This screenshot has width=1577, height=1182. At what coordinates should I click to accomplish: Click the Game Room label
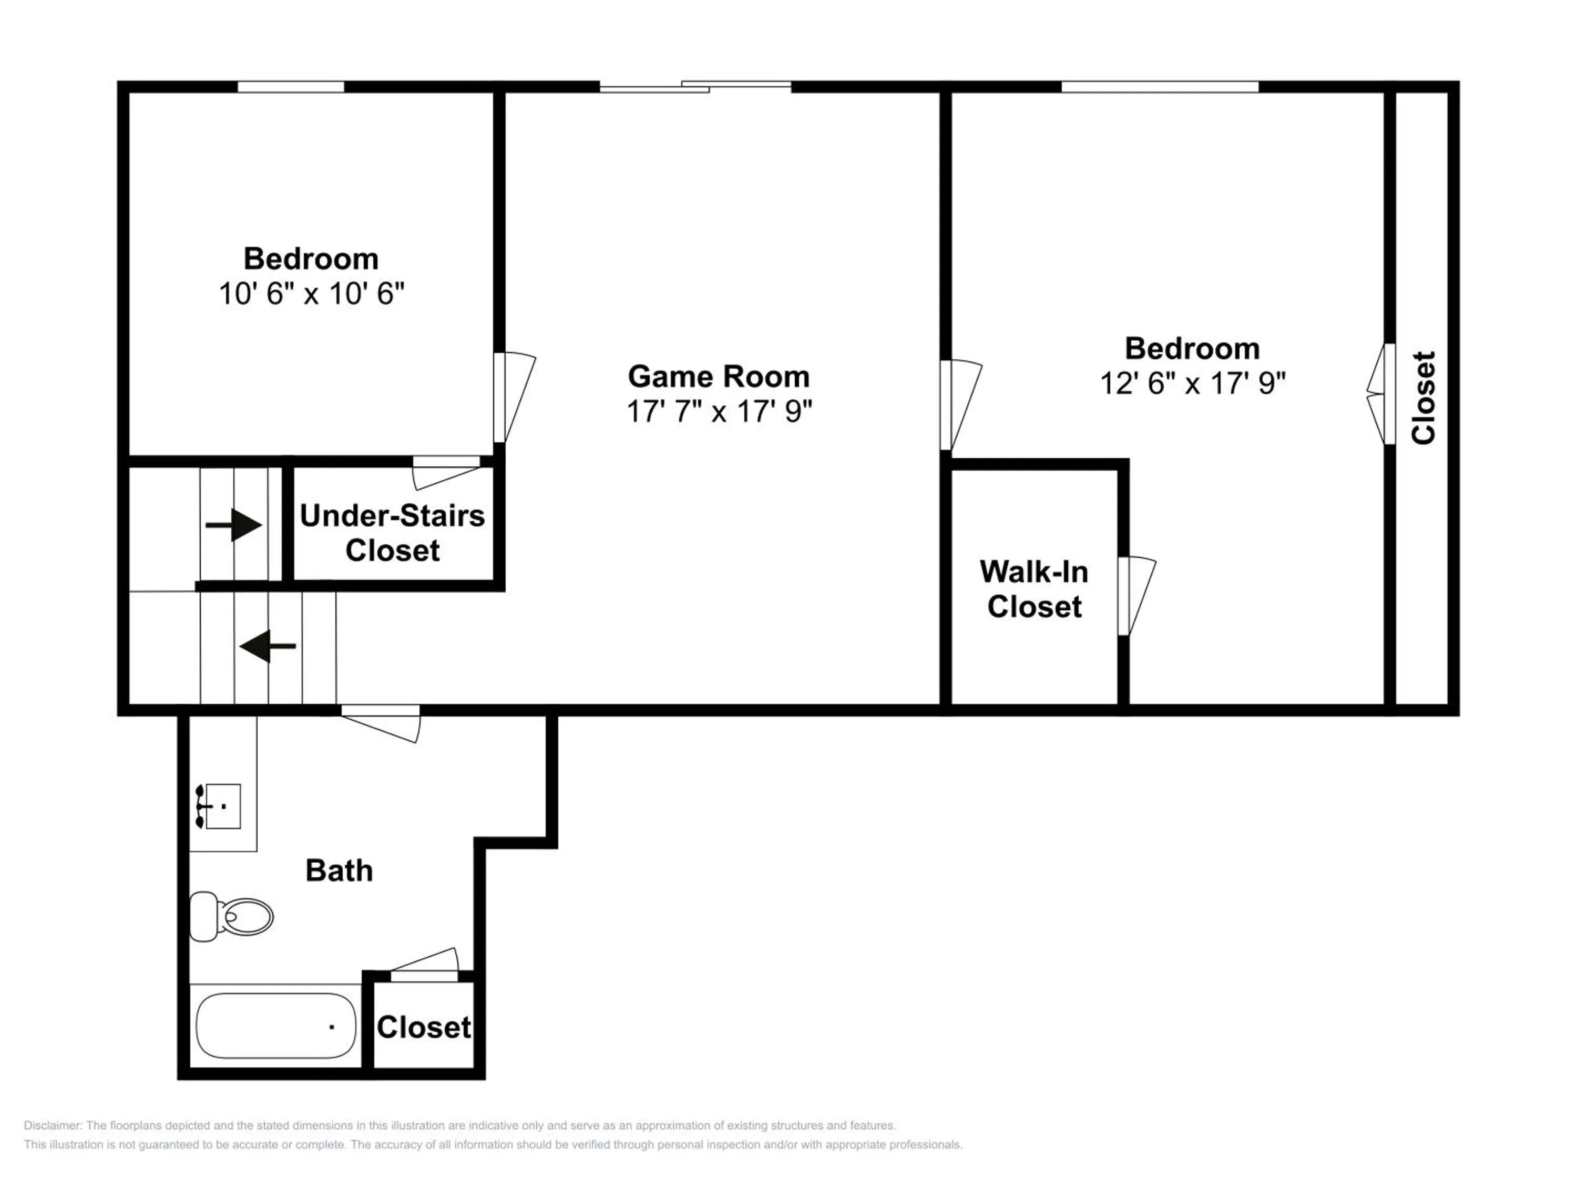(719, 376)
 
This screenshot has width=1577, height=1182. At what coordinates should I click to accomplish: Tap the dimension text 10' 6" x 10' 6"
(312, 294)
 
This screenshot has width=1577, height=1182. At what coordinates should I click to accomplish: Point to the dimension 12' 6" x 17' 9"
(1193, 383)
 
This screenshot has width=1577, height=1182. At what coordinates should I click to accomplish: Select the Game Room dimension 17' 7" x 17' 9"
(719, 411)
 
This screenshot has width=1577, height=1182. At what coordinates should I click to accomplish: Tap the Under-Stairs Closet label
(392, 533)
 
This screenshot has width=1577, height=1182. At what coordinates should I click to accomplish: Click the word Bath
(340, 870)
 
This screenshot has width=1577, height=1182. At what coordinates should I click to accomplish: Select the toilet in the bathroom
(231, 916)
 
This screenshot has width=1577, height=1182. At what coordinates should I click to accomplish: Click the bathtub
(276, 1026)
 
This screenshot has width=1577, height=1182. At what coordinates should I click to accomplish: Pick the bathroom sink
(218, 806)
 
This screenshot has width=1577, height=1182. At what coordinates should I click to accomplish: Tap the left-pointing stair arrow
(268, 646)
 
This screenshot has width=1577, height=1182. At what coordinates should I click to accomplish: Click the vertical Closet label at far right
(1424, 398)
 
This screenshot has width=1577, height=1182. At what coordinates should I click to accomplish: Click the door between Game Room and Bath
(381, 724)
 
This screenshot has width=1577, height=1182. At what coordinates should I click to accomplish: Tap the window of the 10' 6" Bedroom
(291, 87)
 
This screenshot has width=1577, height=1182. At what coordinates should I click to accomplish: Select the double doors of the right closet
(1381, 394)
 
